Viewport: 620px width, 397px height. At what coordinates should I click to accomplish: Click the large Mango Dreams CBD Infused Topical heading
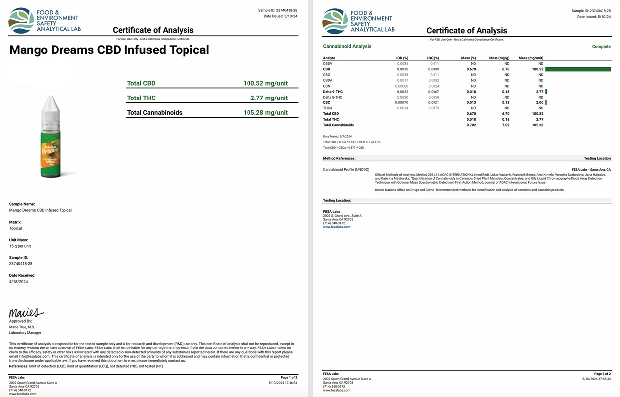click(x=109, y=50)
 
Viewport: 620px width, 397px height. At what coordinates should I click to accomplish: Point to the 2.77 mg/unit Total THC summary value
click(x=269, y=98)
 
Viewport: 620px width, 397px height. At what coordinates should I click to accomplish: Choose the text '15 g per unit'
click(x=20, y=246)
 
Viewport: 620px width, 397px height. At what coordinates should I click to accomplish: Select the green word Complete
click(x=601, y=47)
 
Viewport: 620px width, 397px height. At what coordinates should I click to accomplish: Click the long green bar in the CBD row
click(x=578, y=69)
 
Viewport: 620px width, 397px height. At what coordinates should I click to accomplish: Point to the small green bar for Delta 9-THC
click(x=546, y=92)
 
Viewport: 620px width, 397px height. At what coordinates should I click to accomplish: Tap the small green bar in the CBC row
click(x=546, y=102)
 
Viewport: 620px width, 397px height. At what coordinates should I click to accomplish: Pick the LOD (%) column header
click(x=402, y=58)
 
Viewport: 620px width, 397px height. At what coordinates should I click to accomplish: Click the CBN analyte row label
click(x=327, y=86)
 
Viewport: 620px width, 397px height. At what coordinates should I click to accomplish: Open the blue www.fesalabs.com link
click(x=336, y=227)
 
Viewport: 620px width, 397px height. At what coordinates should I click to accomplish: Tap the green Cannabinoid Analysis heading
click(x=347, y=47)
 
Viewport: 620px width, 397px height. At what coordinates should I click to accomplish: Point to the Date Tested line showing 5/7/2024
click(x=337, y=136)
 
